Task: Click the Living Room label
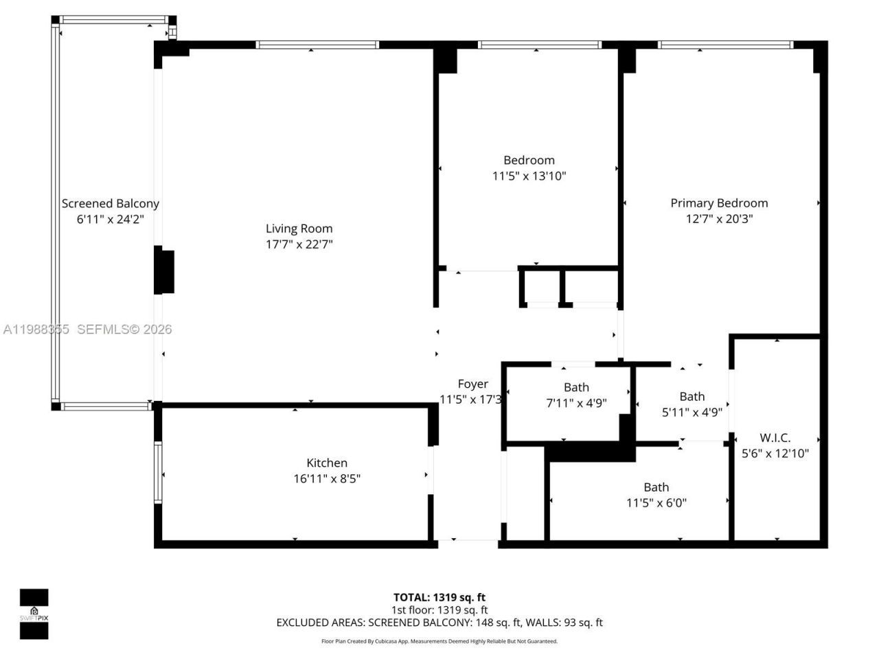[299, 229]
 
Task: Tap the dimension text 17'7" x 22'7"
[299, 244]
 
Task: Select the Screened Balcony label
[110, 203]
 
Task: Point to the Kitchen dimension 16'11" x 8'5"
[327, 478]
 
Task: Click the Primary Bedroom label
[719, 203]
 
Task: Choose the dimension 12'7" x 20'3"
[719, 219]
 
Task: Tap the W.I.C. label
[775, 437]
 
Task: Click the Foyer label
[472, 384]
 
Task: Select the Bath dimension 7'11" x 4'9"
[576, 403]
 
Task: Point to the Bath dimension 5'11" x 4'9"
[692, 413]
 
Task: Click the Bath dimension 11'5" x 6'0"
[656, 502]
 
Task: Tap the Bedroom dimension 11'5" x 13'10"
[529, 176]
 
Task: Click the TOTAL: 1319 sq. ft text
[439, 597]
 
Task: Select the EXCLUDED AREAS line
[439, 623]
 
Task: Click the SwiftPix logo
[34, 614]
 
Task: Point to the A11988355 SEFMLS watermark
[87, 329]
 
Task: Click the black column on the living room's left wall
[163, 272]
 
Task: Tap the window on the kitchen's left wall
[158, 473]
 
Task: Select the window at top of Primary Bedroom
[725, 45]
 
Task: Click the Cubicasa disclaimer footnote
[439, 641]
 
